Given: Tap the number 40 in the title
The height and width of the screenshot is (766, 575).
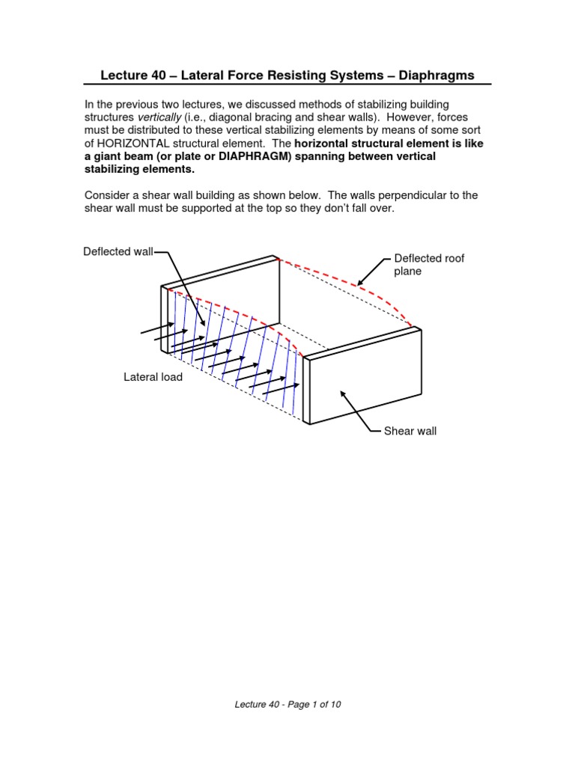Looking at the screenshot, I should point(158,76).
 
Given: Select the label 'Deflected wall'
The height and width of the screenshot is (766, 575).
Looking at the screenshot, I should point(118,252).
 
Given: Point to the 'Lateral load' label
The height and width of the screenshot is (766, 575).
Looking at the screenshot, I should point(153,377).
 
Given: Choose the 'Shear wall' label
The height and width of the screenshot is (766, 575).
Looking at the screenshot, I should point(410,431).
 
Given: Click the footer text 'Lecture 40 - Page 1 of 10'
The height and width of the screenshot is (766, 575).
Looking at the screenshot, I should point(288,704).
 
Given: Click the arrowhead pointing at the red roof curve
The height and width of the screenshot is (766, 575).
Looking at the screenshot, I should point(359,284).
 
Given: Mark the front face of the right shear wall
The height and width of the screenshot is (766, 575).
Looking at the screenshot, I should point(363,385).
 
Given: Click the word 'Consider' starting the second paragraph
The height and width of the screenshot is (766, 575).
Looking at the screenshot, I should point(106,195).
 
